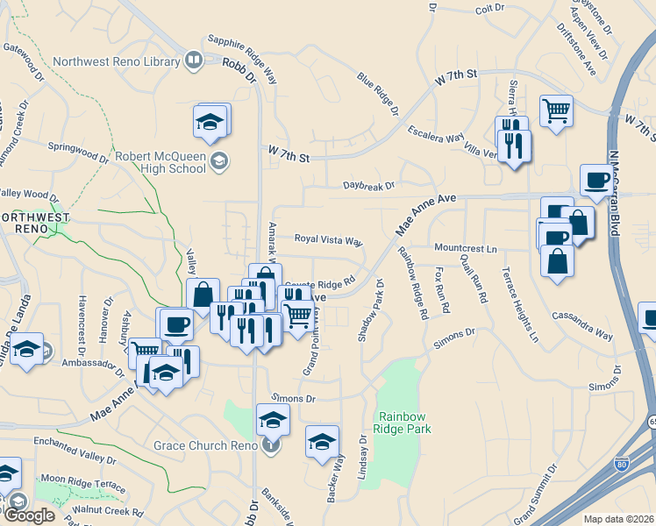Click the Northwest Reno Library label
click(x=117, y=61)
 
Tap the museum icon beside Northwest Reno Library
click(x=194, y=60)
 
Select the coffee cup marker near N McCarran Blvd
click(x=596, y=181)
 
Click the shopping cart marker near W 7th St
click(x=556, y=111)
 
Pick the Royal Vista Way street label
click(x=328, y=239)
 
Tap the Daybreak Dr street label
click(x=369, y=186)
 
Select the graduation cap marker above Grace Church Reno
click(x=273, y=419)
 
